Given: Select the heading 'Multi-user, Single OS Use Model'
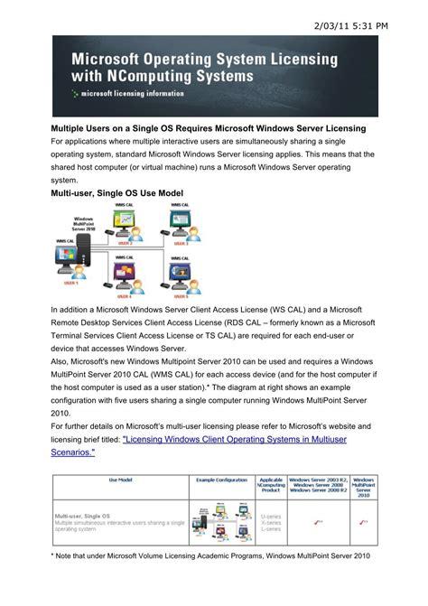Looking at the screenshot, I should click(x=118, y=193).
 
